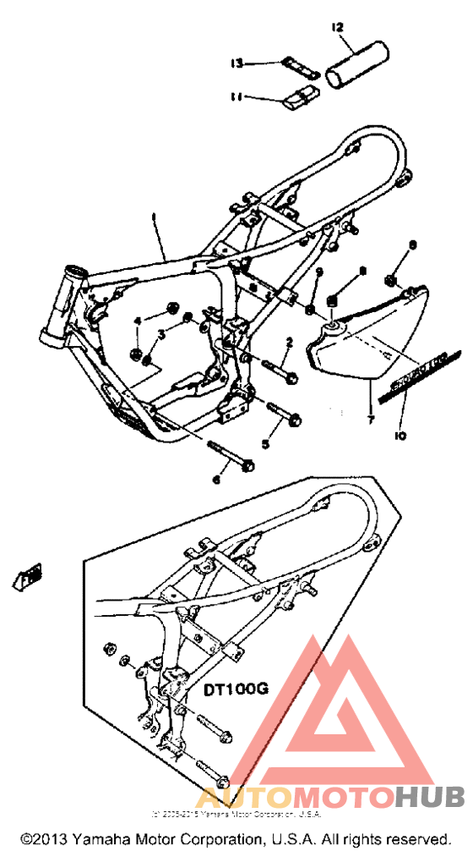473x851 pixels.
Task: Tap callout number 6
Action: click(215, 480)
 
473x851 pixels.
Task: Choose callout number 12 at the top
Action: click(338, 28)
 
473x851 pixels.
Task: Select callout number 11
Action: click(236, 96)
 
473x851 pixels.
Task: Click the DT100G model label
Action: click(235, 689)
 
